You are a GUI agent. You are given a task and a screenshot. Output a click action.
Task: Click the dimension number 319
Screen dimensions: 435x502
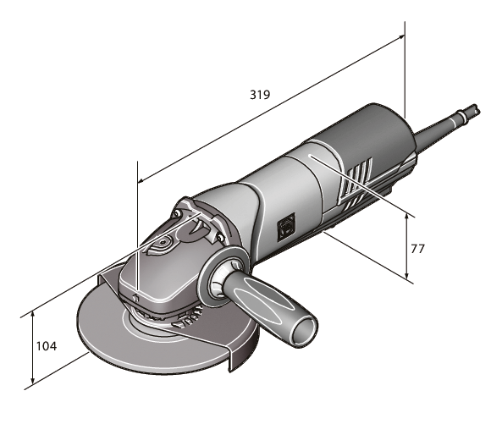point(259,95)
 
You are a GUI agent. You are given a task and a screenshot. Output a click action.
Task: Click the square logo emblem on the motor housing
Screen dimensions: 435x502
point(286,223)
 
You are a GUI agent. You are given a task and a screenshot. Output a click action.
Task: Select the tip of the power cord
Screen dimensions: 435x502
point(476,109)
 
